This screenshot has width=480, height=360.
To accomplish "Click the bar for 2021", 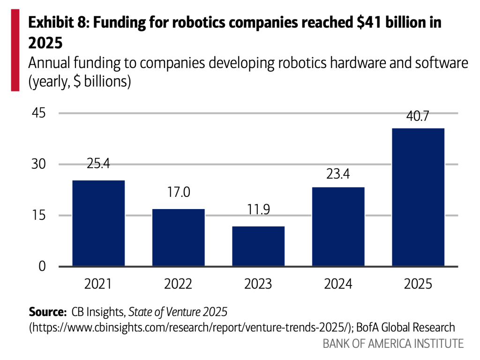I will tap(98, 223).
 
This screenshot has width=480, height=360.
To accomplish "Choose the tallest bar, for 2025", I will tap(418, 197).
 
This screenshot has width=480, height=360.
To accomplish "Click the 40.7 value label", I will tap(418, 116).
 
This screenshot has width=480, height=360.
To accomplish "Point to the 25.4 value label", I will tap(98, 164).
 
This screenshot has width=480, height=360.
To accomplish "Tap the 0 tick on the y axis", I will tap(43, 266).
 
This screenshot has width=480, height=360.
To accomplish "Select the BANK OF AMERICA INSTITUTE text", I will tap(393, 344).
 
